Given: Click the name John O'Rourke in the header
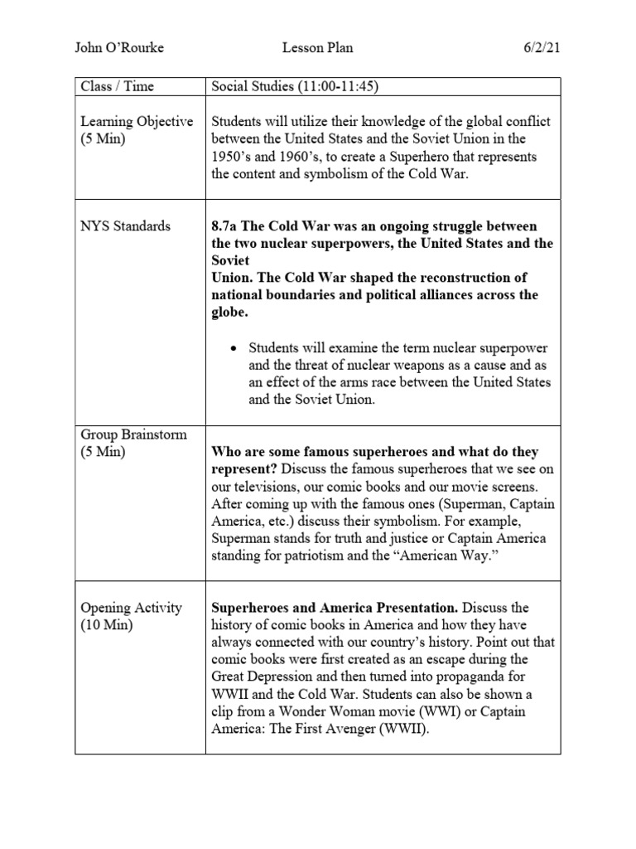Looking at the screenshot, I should [x=119, y=47].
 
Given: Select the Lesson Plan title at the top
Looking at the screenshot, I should [x=318, y=47].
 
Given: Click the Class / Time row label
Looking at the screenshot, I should [x=117, y=86].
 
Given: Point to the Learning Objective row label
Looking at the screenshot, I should [x=137, y=121].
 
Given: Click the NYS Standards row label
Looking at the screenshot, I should [x=126, y=226].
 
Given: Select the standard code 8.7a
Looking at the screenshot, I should [x=227, y=226].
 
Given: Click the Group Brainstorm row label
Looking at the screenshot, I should [x=133, y=434].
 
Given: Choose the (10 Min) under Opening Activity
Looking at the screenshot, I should [x=107, y=625].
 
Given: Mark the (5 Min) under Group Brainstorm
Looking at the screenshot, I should [x=104, y=452].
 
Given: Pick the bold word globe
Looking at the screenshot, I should [x=229, y=313].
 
